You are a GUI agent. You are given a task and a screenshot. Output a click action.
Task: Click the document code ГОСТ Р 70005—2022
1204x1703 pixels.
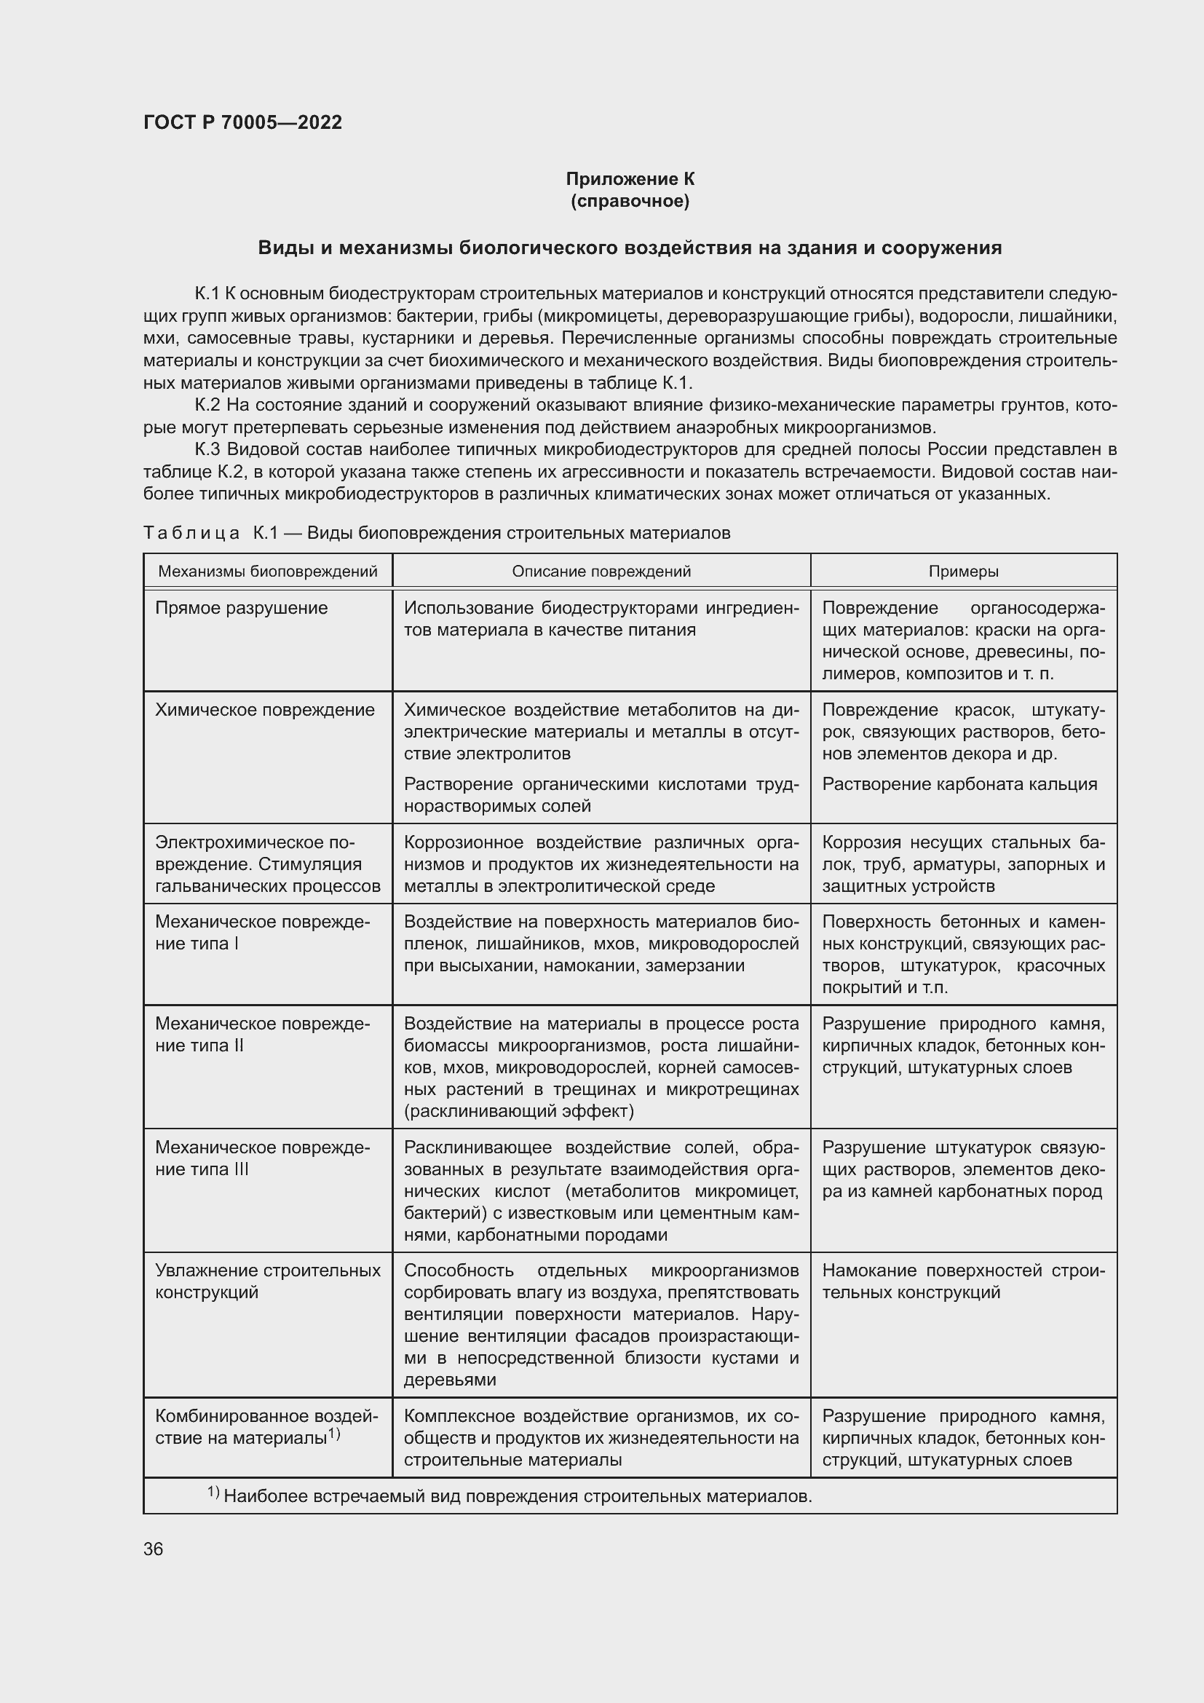click(x=242, y=123)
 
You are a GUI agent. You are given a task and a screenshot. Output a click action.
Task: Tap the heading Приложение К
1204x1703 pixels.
click(x=630, y=179)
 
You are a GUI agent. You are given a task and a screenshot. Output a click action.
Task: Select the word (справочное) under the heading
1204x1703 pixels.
click(x=630, y=201)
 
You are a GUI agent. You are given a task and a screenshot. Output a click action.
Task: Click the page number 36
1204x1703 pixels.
click(x=154, y=1549)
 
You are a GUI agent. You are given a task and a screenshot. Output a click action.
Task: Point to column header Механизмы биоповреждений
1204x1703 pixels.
click(x=268, y=571)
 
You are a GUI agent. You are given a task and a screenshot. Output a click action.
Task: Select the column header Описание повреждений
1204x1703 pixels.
click(x=601, y=571)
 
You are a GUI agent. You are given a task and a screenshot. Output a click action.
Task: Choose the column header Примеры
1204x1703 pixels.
click(x=963, y=571)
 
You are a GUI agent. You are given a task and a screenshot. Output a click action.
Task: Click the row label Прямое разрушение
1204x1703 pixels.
click(x=241, y=608)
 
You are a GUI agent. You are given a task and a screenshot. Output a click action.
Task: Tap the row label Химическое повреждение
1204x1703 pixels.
click(x=265, y=710)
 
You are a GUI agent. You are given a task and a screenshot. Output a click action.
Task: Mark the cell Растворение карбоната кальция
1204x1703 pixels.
click(x=959, y=784)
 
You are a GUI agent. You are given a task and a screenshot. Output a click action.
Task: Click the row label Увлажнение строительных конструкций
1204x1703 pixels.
click(x=267, y=1281)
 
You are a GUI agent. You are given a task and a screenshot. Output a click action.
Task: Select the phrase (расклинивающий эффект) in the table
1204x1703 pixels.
click(x=518, y=1111)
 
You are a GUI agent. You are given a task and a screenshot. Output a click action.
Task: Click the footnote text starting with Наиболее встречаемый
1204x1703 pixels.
click(x=517, y=1497)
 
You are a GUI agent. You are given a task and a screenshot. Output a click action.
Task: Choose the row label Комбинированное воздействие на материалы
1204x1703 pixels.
click(x=266, y=1427)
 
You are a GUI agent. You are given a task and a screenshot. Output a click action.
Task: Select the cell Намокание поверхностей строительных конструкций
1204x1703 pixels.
click(x=962, y=1281)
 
